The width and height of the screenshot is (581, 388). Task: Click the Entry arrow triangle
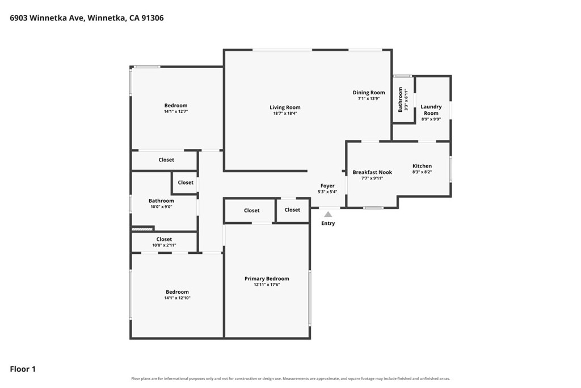coord(328,214)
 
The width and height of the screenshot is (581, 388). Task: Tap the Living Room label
coord(285,107)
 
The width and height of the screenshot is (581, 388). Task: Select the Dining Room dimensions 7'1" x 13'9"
coord(369,99)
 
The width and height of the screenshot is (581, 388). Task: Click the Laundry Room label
coord(431,110)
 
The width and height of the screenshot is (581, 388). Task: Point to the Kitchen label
coord(422,166)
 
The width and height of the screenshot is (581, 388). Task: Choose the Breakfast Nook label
coord(372,173)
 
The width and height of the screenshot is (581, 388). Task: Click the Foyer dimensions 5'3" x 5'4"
coord(327,192)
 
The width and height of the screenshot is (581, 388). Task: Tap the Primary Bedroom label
coord(267,278)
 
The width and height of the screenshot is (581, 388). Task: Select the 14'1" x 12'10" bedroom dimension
coord(177,298)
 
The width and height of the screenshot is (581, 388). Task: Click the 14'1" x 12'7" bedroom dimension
coord(176,111)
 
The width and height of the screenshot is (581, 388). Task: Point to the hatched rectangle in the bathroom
coord(142,230)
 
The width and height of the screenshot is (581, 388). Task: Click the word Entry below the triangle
coord(328,223)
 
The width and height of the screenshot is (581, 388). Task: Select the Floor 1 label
coord(23,369)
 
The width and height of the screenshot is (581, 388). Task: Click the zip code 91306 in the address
coord(152,18)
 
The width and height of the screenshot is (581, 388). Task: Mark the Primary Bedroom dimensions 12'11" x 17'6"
coord(267,285)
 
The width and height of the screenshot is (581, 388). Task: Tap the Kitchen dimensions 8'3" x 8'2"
coord(422,172)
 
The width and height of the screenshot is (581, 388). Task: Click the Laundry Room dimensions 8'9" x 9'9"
coord(431,119)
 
